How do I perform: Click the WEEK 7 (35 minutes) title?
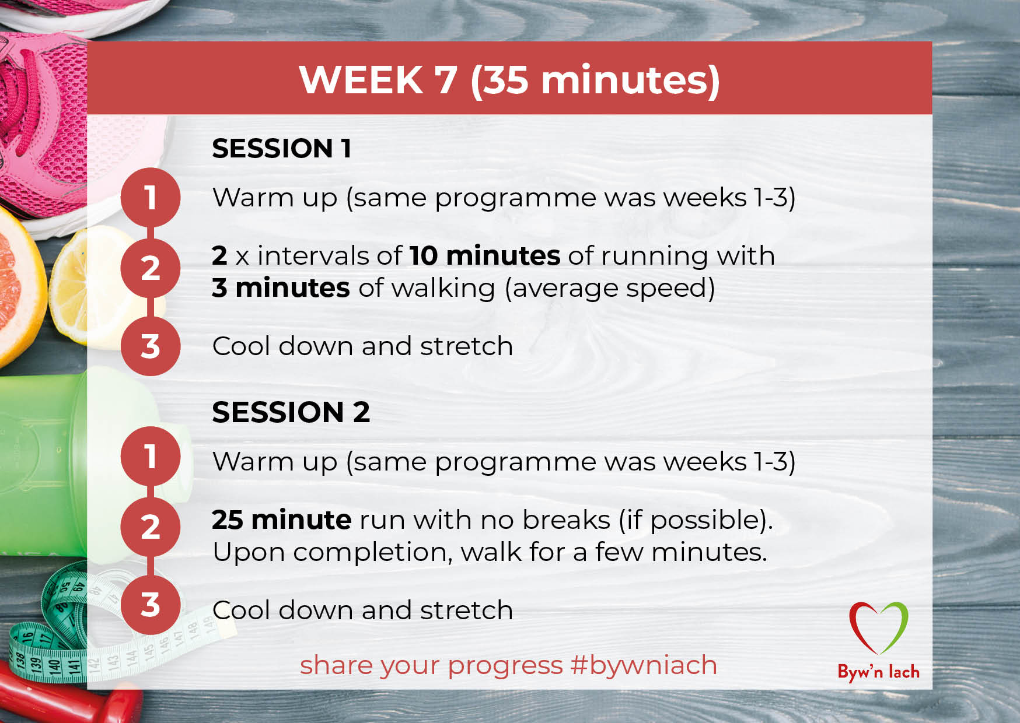(509, 80)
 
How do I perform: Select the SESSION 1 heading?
(282, 149)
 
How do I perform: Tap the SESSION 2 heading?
(291, 412)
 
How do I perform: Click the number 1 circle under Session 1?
(151, 197)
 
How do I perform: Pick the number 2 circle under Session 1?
(151, 268)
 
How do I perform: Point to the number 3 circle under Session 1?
(151, 346)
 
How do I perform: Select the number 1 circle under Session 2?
(151, 456)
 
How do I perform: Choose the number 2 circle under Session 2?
(151, 527)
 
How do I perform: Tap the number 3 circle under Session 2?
(151, 605)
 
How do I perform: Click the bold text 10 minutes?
(485, 256)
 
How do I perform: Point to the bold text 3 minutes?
(281, 288)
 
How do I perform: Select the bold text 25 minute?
(282, 520)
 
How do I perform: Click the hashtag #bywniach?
(644, 666)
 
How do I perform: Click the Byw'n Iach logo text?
(878, 672)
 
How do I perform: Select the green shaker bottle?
(44, 461)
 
